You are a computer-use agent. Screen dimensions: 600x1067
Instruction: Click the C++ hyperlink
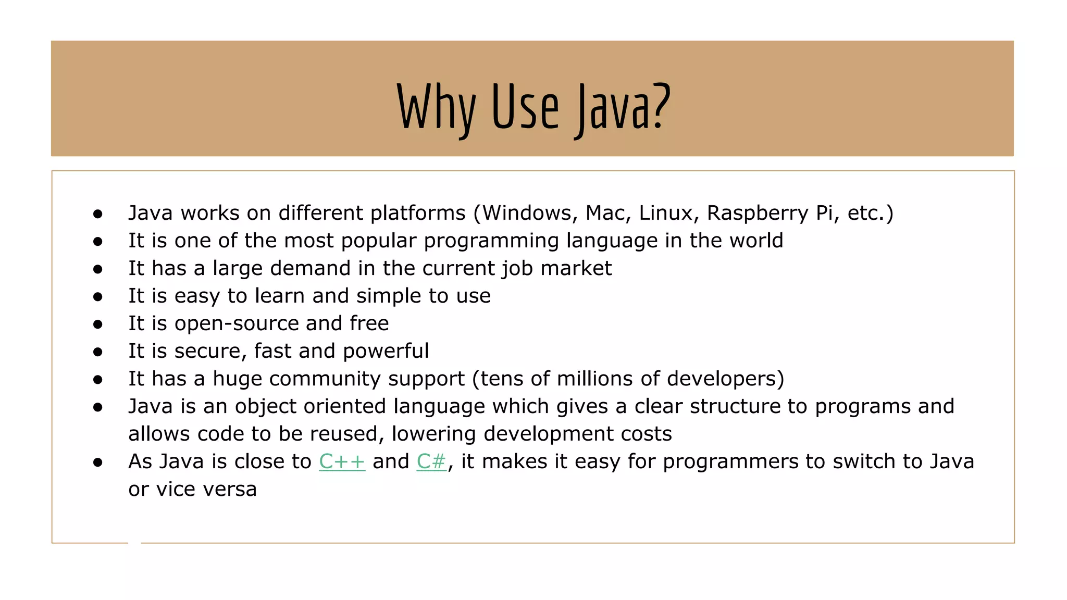[x=342, y=461]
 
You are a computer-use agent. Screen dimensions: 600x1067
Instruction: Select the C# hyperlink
[x=431, y=461]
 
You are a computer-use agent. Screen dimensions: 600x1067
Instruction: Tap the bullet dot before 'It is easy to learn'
[x=98, y=296]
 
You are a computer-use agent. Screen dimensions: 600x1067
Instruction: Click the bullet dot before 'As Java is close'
[x=98, y=462]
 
